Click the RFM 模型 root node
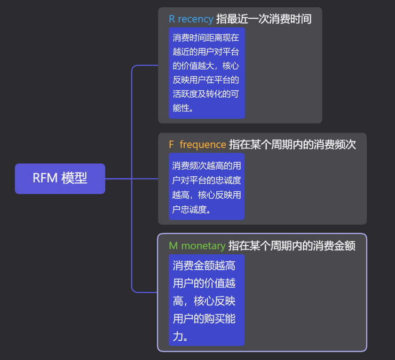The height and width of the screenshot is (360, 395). (60, 179)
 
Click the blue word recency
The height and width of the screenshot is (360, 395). (195, 19)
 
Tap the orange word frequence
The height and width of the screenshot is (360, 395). (203, 144)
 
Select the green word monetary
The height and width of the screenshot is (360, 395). (203, 245)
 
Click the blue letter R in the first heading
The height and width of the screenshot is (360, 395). (172, 19)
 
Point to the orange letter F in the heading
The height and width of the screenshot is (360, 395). (171, 144)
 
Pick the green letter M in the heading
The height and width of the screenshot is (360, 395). (174, 245)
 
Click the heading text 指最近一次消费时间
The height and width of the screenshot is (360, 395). (263, 19)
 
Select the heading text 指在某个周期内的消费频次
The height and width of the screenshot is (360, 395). (292, 144)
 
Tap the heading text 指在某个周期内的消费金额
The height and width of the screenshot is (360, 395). (292, 245)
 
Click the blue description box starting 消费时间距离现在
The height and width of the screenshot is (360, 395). (206, 73)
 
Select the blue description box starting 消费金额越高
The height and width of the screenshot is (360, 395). (206, 300)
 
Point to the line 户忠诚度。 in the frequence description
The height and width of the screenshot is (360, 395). (191, 209)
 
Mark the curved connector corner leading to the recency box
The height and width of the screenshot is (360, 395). (134, 67)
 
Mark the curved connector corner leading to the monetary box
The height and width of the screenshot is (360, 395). (134, 290)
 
